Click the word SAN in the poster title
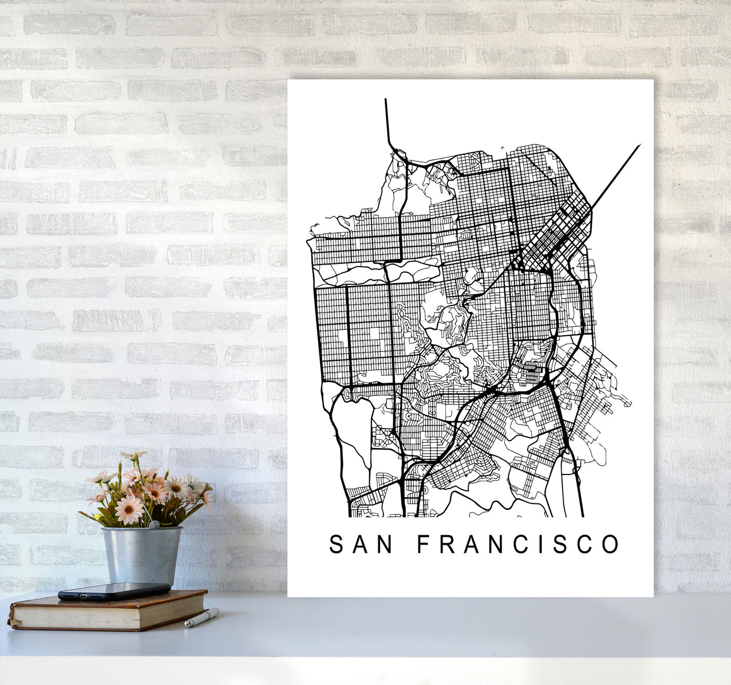tap(361, 544)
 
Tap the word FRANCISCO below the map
tap(518, 544)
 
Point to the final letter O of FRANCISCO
tap(611, 544)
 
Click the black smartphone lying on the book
tap(114, 591)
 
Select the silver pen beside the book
tap(201, 618)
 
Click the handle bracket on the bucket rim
tap(155, 525)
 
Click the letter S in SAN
tap(336, 544)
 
